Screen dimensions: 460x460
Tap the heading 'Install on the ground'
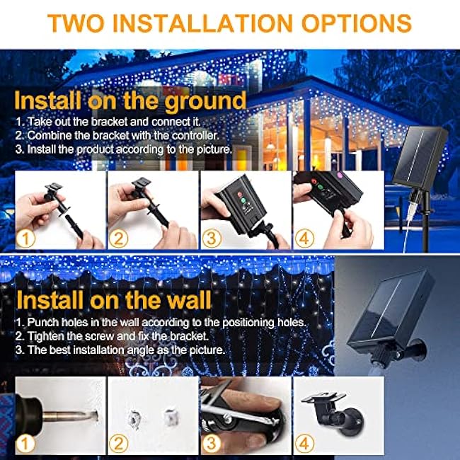tap(130, 99)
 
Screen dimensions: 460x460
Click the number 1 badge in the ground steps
tap(26, 238)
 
